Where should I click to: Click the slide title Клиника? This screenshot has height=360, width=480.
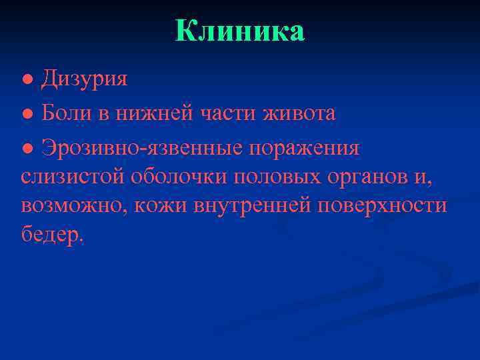(240, 31)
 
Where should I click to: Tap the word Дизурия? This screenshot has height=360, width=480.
(85, 79)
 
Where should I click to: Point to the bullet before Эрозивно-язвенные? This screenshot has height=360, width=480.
(26, 149)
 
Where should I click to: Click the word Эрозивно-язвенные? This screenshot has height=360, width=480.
(142, 148)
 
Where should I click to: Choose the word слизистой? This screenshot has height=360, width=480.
(73, 177)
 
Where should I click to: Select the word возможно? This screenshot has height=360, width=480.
(74, 206)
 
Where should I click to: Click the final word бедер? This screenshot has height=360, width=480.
(52, 235)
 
